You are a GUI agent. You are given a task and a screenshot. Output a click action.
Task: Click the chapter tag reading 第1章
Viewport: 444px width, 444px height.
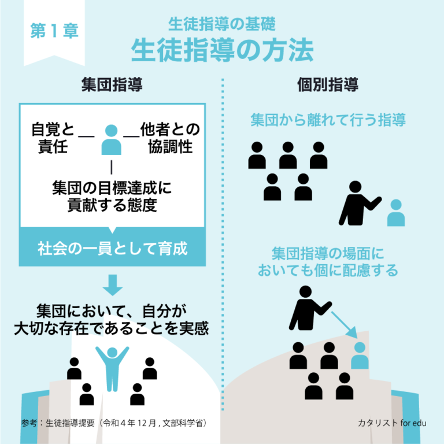tap(54, 31)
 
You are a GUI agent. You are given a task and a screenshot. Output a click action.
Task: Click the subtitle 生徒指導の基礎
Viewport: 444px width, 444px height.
tap(222, 24)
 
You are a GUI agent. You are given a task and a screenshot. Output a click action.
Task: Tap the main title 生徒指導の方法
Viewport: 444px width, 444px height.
tap(222, 50)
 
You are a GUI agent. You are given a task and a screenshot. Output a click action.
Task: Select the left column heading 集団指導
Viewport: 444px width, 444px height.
tap(112, 84)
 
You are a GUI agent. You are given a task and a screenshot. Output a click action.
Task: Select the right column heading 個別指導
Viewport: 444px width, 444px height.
tap(328, 84)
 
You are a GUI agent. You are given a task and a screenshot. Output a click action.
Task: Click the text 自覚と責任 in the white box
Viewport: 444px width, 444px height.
tap(53, 138)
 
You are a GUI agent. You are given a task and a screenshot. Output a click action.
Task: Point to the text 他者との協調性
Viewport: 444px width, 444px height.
tap(170, 138)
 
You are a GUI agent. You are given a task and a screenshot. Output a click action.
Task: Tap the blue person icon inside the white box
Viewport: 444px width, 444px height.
tap(111, 140)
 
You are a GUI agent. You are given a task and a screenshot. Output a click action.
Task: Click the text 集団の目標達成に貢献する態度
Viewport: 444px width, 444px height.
tap(112, 196)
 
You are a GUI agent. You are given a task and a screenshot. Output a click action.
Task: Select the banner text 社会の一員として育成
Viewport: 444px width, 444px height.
tap(112, 249)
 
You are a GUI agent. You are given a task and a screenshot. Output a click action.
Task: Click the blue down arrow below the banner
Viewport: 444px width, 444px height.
tap(112, 285)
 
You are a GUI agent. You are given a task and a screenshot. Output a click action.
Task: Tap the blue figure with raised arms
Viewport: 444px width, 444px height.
tap(112, 369)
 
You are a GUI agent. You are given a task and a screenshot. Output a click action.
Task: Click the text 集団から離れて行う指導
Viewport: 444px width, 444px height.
tap(328, 120)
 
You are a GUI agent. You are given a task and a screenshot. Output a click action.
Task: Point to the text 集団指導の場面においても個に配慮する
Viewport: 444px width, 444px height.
tap(328, 262)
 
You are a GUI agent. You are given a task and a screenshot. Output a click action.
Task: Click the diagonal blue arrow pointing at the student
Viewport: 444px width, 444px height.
tap(345, 325)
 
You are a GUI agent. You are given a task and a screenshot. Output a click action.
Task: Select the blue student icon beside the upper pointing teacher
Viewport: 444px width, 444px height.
tap(396, 213)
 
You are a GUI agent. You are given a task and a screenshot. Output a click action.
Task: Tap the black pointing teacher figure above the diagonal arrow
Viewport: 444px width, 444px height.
tap(310, 308)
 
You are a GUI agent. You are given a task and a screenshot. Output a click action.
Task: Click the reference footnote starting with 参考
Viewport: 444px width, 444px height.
tap(114, 423)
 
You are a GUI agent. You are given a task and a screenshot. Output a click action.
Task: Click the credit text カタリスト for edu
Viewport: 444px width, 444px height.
tap(392, 423)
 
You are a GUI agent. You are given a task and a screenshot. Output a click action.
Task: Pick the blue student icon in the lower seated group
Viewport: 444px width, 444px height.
tap(360, 356)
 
